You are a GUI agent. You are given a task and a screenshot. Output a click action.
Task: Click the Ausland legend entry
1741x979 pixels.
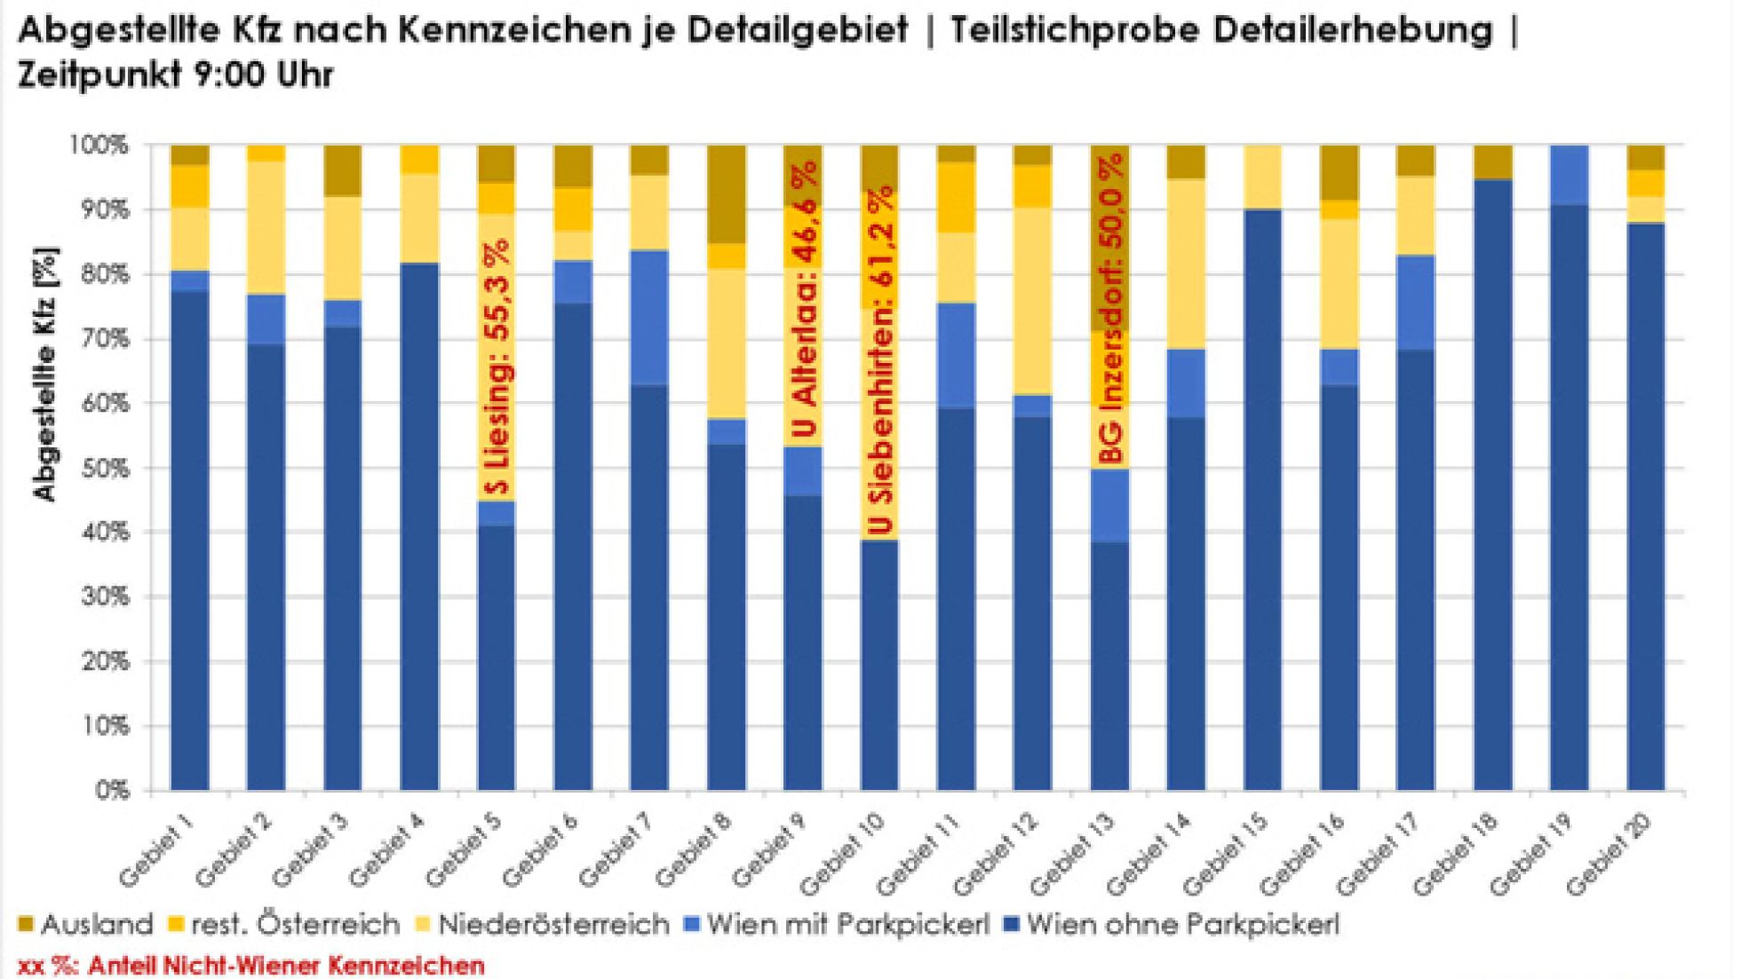click(85, 925)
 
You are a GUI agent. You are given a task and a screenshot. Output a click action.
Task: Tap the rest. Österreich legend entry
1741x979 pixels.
click(284, 925)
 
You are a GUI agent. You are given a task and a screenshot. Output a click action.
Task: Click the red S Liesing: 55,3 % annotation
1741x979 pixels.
click(499, 366)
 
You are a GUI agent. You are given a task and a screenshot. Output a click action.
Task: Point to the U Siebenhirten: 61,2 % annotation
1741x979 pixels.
click(880, 359)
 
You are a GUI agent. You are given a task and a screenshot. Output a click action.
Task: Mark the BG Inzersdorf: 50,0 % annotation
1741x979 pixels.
click(1111, 309)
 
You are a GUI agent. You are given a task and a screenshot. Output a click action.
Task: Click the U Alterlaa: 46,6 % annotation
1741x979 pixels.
click(805, 299)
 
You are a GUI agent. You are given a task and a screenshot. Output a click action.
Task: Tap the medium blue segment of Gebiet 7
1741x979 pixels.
click(650, 318)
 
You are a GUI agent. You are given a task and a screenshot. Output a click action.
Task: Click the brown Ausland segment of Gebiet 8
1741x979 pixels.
click(727, 193)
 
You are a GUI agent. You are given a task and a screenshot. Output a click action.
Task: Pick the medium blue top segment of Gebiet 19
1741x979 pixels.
click(1570, 175)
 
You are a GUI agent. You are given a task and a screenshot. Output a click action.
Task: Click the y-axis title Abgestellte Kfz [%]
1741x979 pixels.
click(46, 374)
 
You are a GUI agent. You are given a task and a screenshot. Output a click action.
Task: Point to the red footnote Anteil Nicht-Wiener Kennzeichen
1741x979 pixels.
click(251, 966)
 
